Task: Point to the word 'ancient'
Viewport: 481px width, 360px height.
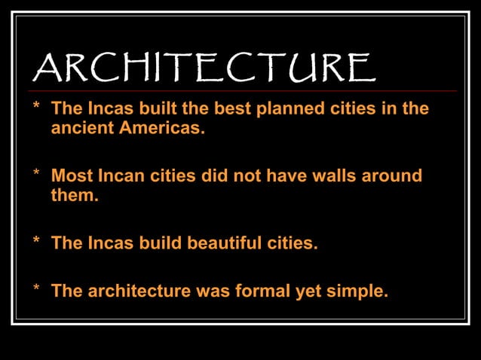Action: tap(81, 127)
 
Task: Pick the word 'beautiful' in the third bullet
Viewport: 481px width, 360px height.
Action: tap(225, 243)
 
